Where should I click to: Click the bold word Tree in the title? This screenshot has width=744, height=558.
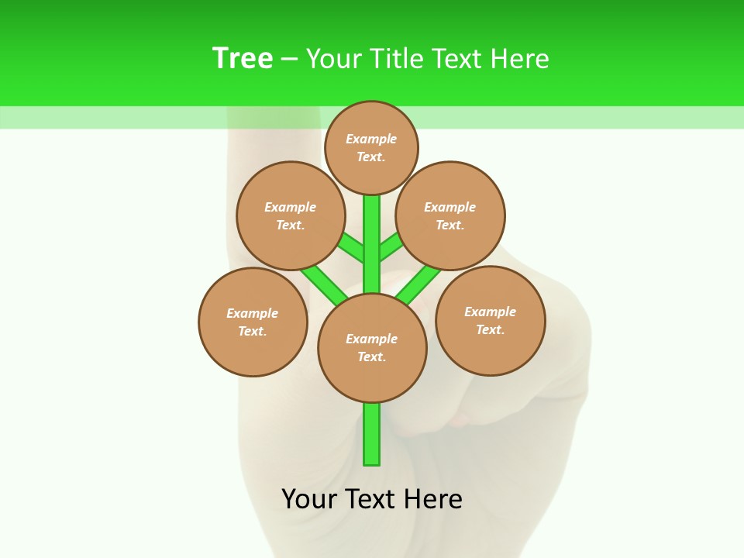pos(243,59)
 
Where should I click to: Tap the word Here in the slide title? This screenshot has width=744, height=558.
pos(520,59)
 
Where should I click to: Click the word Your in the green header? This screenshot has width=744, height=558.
pos(334,59)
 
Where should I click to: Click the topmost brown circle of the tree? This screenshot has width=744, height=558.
pos(371,147)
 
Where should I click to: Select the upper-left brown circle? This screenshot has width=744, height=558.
pos(291,215)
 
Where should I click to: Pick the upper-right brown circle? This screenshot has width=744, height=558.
pos(450,215)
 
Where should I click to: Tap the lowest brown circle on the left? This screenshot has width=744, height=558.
pos(253,322)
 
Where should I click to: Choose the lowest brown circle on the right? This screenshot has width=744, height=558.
pos(491,320)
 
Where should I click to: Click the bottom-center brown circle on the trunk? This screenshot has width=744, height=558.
pos(372,347)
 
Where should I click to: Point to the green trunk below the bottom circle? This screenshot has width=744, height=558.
pos(372,434)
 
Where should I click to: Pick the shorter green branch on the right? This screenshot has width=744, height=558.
pos(391,247)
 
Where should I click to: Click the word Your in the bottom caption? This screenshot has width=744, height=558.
pos(309,499)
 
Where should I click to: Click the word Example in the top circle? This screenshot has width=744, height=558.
pos(371,139)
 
